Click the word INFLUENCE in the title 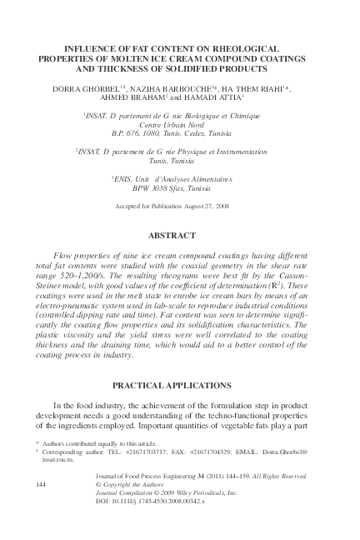click(81, 50)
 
